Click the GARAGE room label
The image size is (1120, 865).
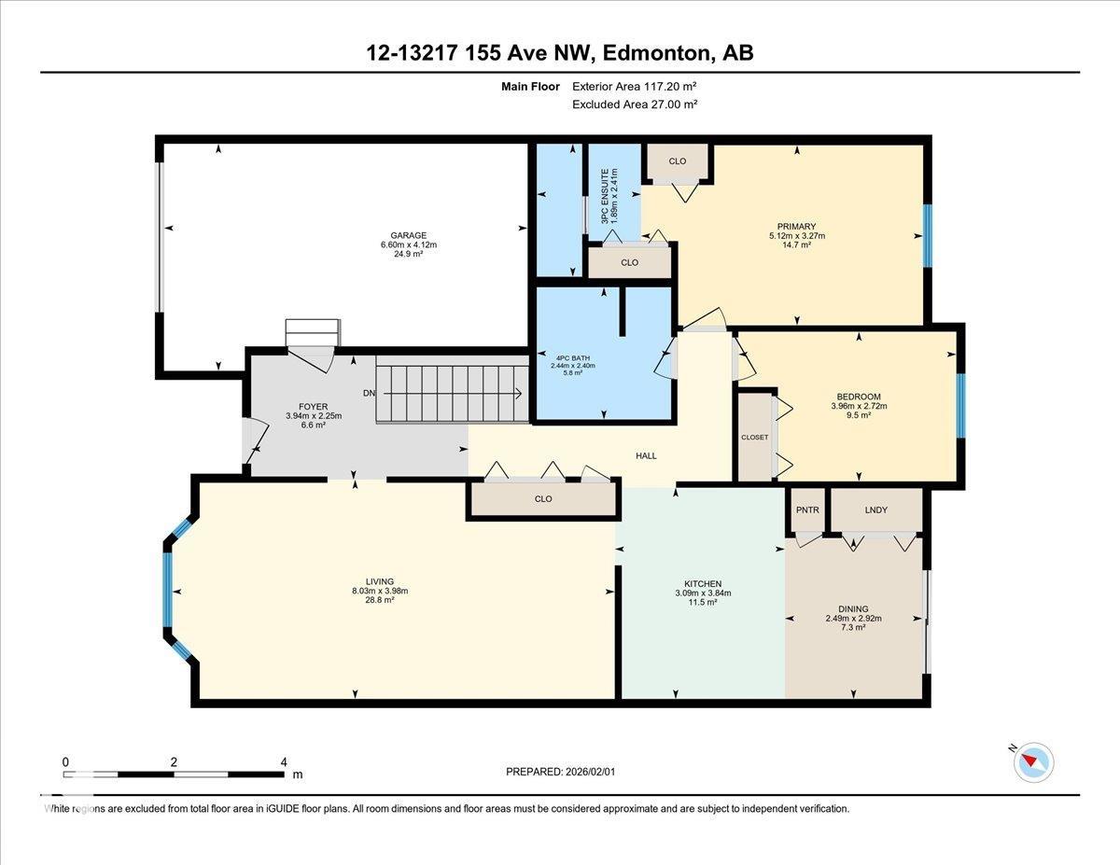(x=408, y=235)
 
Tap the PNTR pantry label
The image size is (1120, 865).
(x=807, y=510)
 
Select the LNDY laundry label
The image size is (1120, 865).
(x=875, y=510)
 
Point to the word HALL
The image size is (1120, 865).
(x=646, y=456)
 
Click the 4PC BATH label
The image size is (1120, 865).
(x=573, y=358)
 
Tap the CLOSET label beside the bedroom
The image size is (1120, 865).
(x=754, y=438)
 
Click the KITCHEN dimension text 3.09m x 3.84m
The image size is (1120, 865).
(x=703, y=593)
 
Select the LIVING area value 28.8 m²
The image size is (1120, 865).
(x=380, y=600)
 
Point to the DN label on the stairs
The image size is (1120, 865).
(x=369, y=393)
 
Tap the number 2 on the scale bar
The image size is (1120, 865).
(x=174, y=762)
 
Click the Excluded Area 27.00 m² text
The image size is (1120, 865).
(x=635, y=105)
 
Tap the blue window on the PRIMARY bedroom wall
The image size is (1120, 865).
(x=927, y=236)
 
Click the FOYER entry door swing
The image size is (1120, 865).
(x=256, y=440)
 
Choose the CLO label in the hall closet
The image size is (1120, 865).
(x=543, y=498)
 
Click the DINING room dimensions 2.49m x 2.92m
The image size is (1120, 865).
(x=853, y=619)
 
